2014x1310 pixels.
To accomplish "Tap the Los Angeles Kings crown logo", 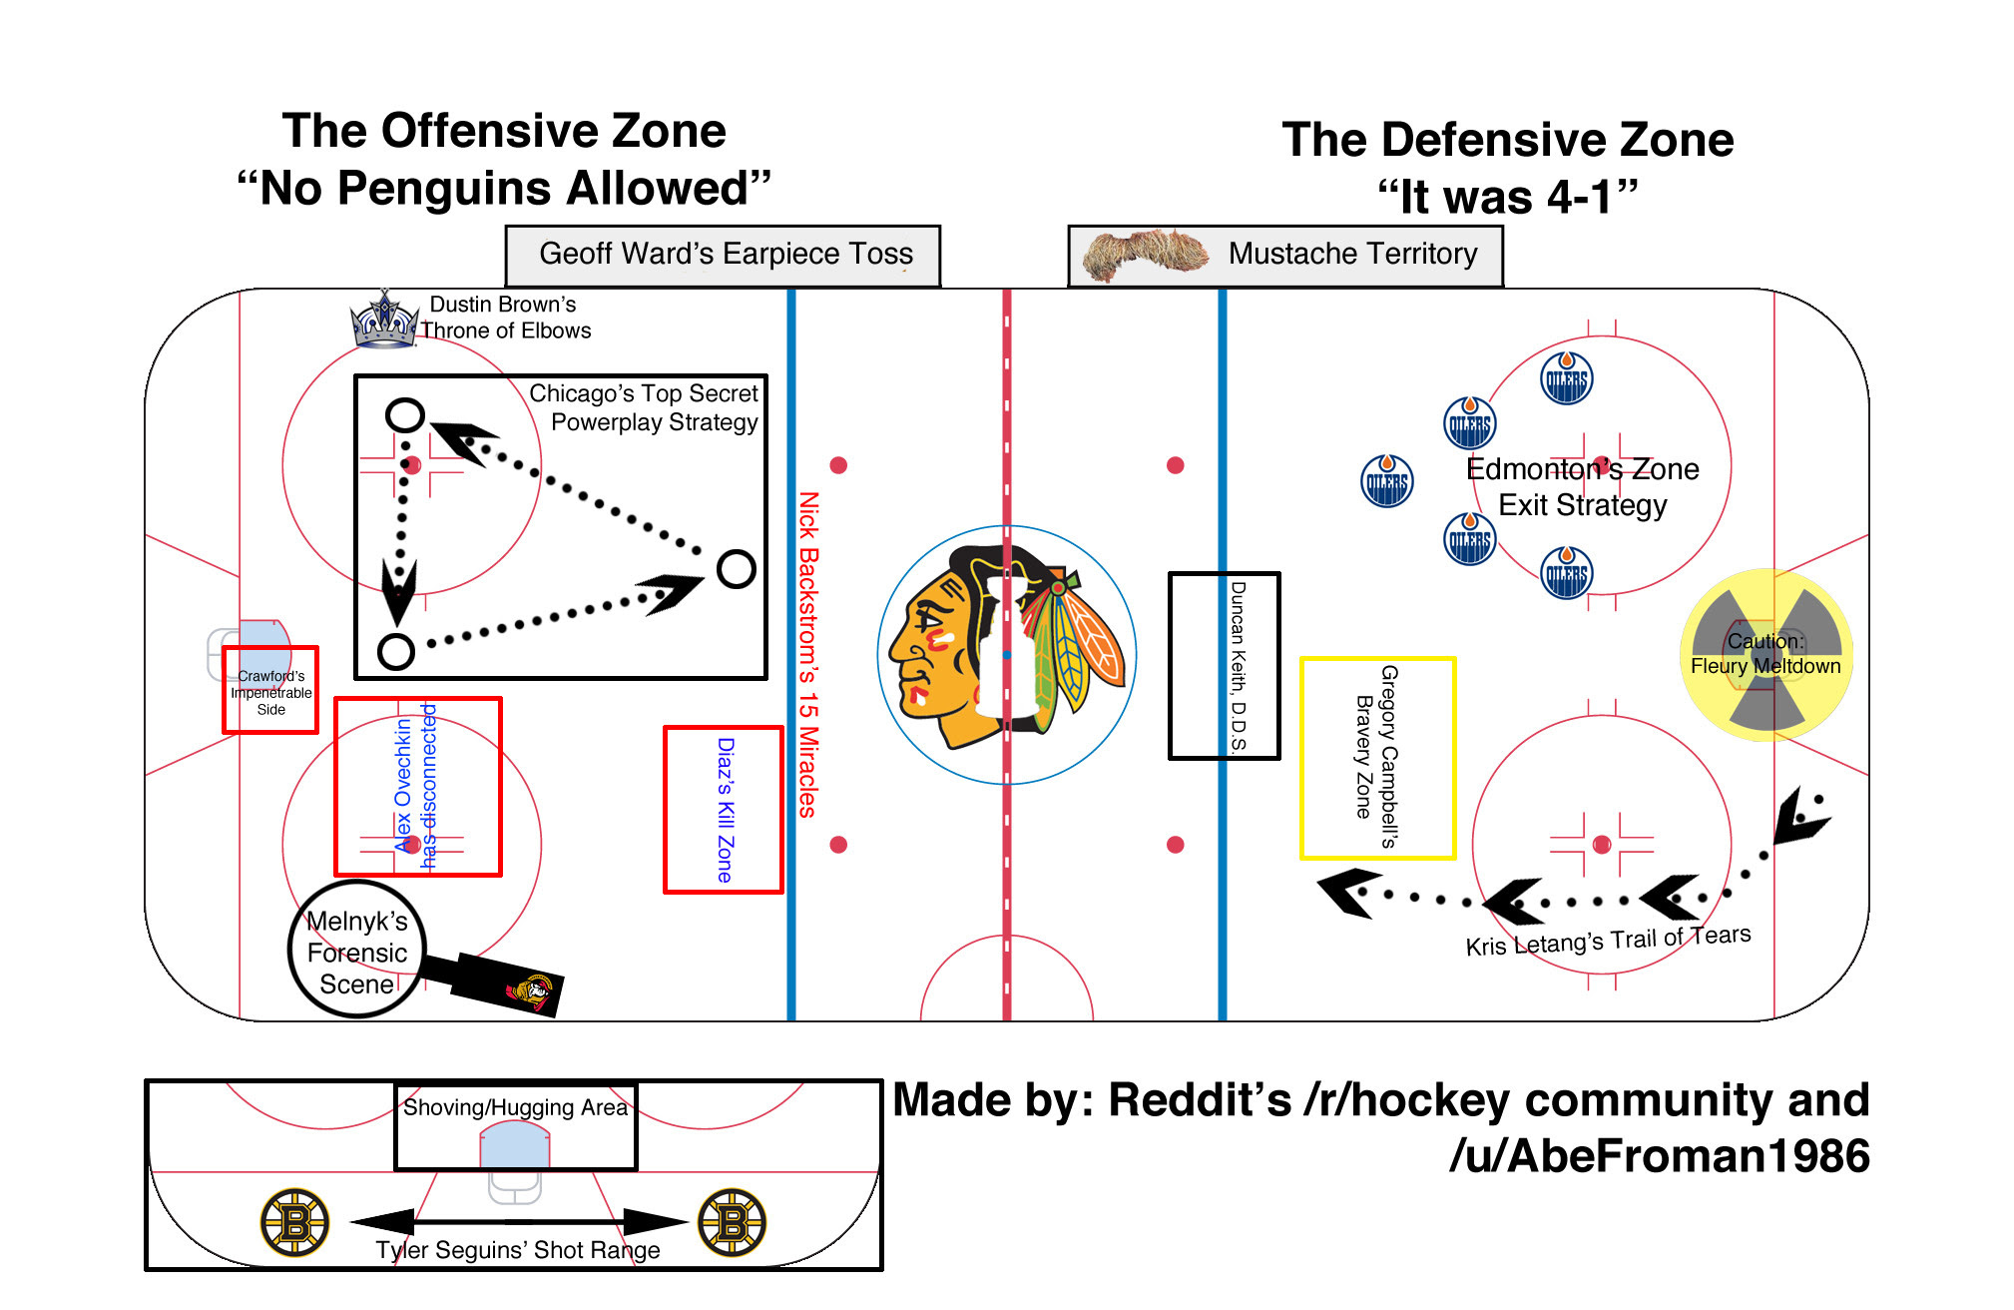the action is click(385, 320).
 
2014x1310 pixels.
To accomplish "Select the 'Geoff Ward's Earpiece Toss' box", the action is click(723, 256).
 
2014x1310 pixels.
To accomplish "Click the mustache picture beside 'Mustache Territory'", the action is click(1146, 255).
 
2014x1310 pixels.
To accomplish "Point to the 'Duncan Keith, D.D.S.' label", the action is click(1239, 666).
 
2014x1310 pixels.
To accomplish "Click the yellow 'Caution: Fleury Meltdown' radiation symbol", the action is click(1766, 655).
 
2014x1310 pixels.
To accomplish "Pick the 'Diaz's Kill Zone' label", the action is click(726, 810).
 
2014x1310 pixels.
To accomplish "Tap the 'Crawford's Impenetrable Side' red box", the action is click(270, 690).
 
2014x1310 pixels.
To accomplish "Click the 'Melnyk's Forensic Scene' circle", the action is click(357, 950).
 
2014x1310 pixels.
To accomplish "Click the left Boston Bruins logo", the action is click(294, 1222).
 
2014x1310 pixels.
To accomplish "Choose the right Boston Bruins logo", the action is click(732, 1222).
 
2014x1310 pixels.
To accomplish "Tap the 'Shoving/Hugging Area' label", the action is click(515, 1107).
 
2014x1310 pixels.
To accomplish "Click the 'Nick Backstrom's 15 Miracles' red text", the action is click(808, 654).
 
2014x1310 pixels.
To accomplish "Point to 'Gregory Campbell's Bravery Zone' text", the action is click(1376, 757).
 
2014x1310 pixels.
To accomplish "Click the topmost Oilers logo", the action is click(1567, 378).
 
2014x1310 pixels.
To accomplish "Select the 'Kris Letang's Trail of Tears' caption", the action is click(1608, 941).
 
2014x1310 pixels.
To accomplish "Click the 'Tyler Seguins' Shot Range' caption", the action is click(518, 1250).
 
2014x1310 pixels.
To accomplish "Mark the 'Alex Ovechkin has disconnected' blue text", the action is click(415, 786).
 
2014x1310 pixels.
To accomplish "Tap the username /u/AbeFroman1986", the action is click(1659, 1156).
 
